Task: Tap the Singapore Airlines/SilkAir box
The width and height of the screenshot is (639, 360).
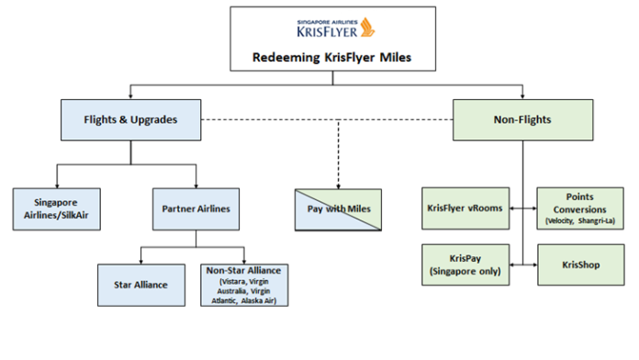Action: coord(56,208)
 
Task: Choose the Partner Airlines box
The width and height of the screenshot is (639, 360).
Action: coord(196,208)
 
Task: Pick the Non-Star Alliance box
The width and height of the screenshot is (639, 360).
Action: coord(244,285)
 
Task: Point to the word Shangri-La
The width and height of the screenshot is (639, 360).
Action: coord(600,221)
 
